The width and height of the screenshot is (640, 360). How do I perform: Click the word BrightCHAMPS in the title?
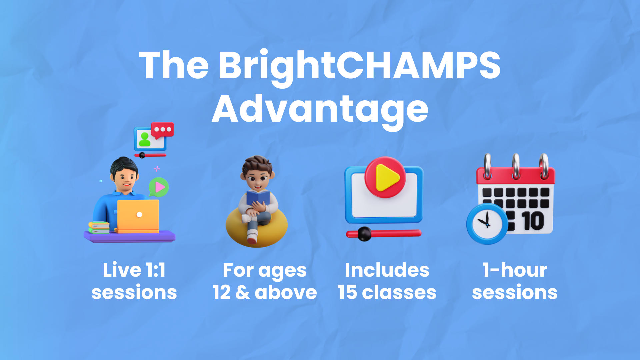(359, 67)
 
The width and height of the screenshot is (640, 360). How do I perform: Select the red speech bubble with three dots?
(163, 130)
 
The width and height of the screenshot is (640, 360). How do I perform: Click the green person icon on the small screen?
(145, 139)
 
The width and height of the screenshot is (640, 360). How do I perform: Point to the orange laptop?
(138, 216)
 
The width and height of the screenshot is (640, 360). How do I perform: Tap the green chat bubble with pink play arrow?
(159, 187)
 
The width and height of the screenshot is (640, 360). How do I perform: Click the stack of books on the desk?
(99, 228)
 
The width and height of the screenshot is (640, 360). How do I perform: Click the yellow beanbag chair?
(257, 230)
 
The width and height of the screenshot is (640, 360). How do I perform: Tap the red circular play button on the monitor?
(385, 177)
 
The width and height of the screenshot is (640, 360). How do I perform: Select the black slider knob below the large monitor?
(364, 234)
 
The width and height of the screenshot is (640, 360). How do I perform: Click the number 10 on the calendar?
(533, 221)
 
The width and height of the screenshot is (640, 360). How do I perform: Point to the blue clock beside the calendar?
(487, 224)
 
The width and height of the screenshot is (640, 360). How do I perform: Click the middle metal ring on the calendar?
(516, 166)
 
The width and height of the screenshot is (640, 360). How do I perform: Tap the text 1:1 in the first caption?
(155, 270)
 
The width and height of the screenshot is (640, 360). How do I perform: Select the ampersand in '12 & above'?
(243, 292)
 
